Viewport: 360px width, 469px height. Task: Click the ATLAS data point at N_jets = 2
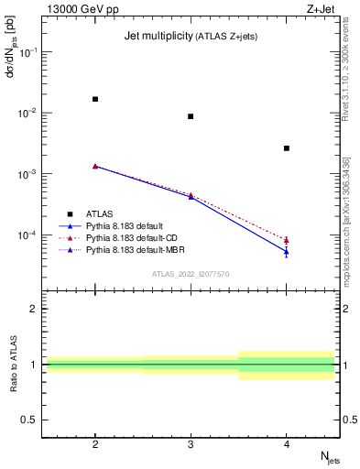(x=95, y=99)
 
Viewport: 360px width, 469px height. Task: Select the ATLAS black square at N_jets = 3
(x=191, y=116)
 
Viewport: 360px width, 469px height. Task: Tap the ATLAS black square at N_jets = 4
(x=287, y=148)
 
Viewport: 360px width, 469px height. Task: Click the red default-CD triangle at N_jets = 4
(x=287, y=240)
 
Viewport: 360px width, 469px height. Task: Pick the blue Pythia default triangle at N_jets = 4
(x=287, y=252)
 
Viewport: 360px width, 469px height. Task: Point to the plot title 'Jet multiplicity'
(x=157, y=37)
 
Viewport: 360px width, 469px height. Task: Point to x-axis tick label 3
(x=191, y=442)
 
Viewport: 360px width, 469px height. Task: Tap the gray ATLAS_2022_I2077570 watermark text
(x=191, y=273)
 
